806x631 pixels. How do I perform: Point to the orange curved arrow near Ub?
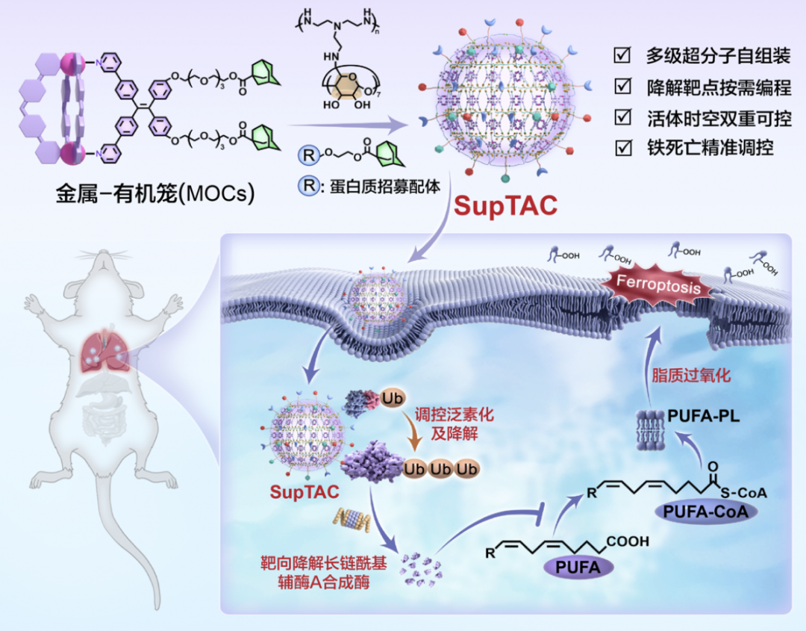click(418, 433)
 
